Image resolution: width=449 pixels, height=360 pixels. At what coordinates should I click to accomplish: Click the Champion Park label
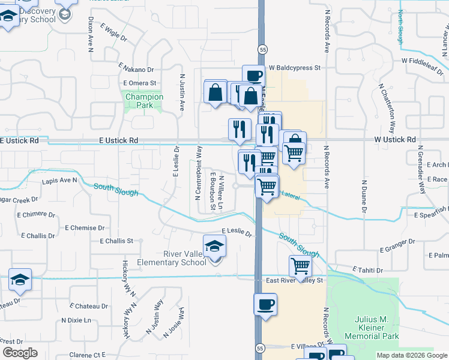point(144,100)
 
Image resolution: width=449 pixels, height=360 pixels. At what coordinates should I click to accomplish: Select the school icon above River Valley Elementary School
point(214,246)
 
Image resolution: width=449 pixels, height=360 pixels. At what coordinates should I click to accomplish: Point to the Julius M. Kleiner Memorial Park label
point(373,328)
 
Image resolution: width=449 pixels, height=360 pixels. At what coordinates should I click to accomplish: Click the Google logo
point(20,353)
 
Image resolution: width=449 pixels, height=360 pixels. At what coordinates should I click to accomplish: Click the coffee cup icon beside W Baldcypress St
point(253,76)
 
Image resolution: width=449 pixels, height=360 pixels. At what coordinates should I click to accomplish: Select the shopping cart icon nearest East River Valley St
point(300,265)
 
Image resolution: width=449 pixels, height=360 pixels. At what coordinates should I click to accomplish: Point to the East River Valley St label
point(295,280)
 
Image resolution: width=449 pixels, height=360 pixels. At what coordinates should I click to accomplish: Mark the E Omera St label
point(139,83)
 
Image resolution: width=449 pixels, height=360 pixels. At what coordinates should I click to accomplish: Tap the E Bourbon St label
point(212,191)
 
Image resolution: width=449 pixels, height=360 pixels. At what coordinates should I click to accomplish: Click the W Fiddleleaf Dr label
point(425,61)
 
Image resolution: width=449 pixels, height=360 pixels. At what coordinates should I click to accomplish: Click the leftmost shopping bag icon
point(215,92)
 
